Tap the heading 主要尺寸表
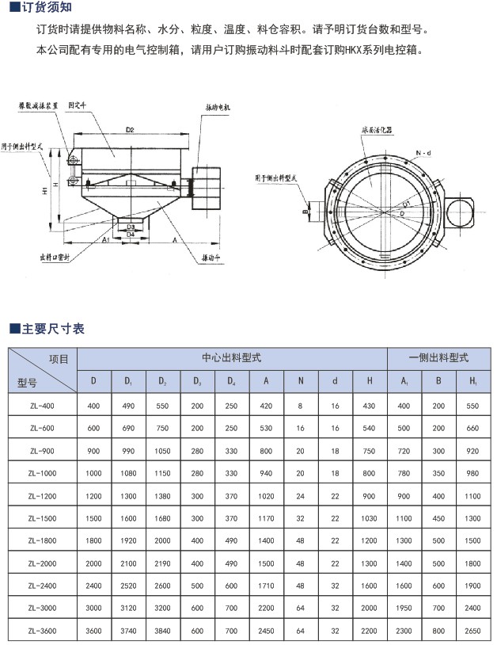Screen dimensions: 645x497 click(x=52, y=328)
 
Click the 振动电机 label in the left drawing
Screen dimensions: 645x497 click(x=219, y=106)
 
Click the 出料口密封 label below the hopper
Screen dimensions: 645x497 click(x=60, y=257)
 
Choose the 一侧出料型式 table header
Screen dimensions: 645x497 click(x=438, y=358)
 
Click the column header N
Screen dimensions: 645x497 click(x=301, y=381)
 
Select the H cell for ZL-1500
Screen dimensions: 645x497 click(x=369, y=518)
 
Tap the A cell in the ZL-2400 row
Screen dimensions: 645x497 click(x=266, y=587)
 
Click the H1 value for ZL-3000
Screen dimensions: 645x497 click(x=472, y=610)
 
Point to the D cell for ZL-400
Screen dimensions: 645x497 click(x=94, y=406)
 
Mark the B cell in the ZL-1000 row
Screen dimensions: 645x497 click(x=438, y=473)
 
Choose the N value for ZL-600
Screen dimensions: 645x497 click(x=301, y=428)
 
